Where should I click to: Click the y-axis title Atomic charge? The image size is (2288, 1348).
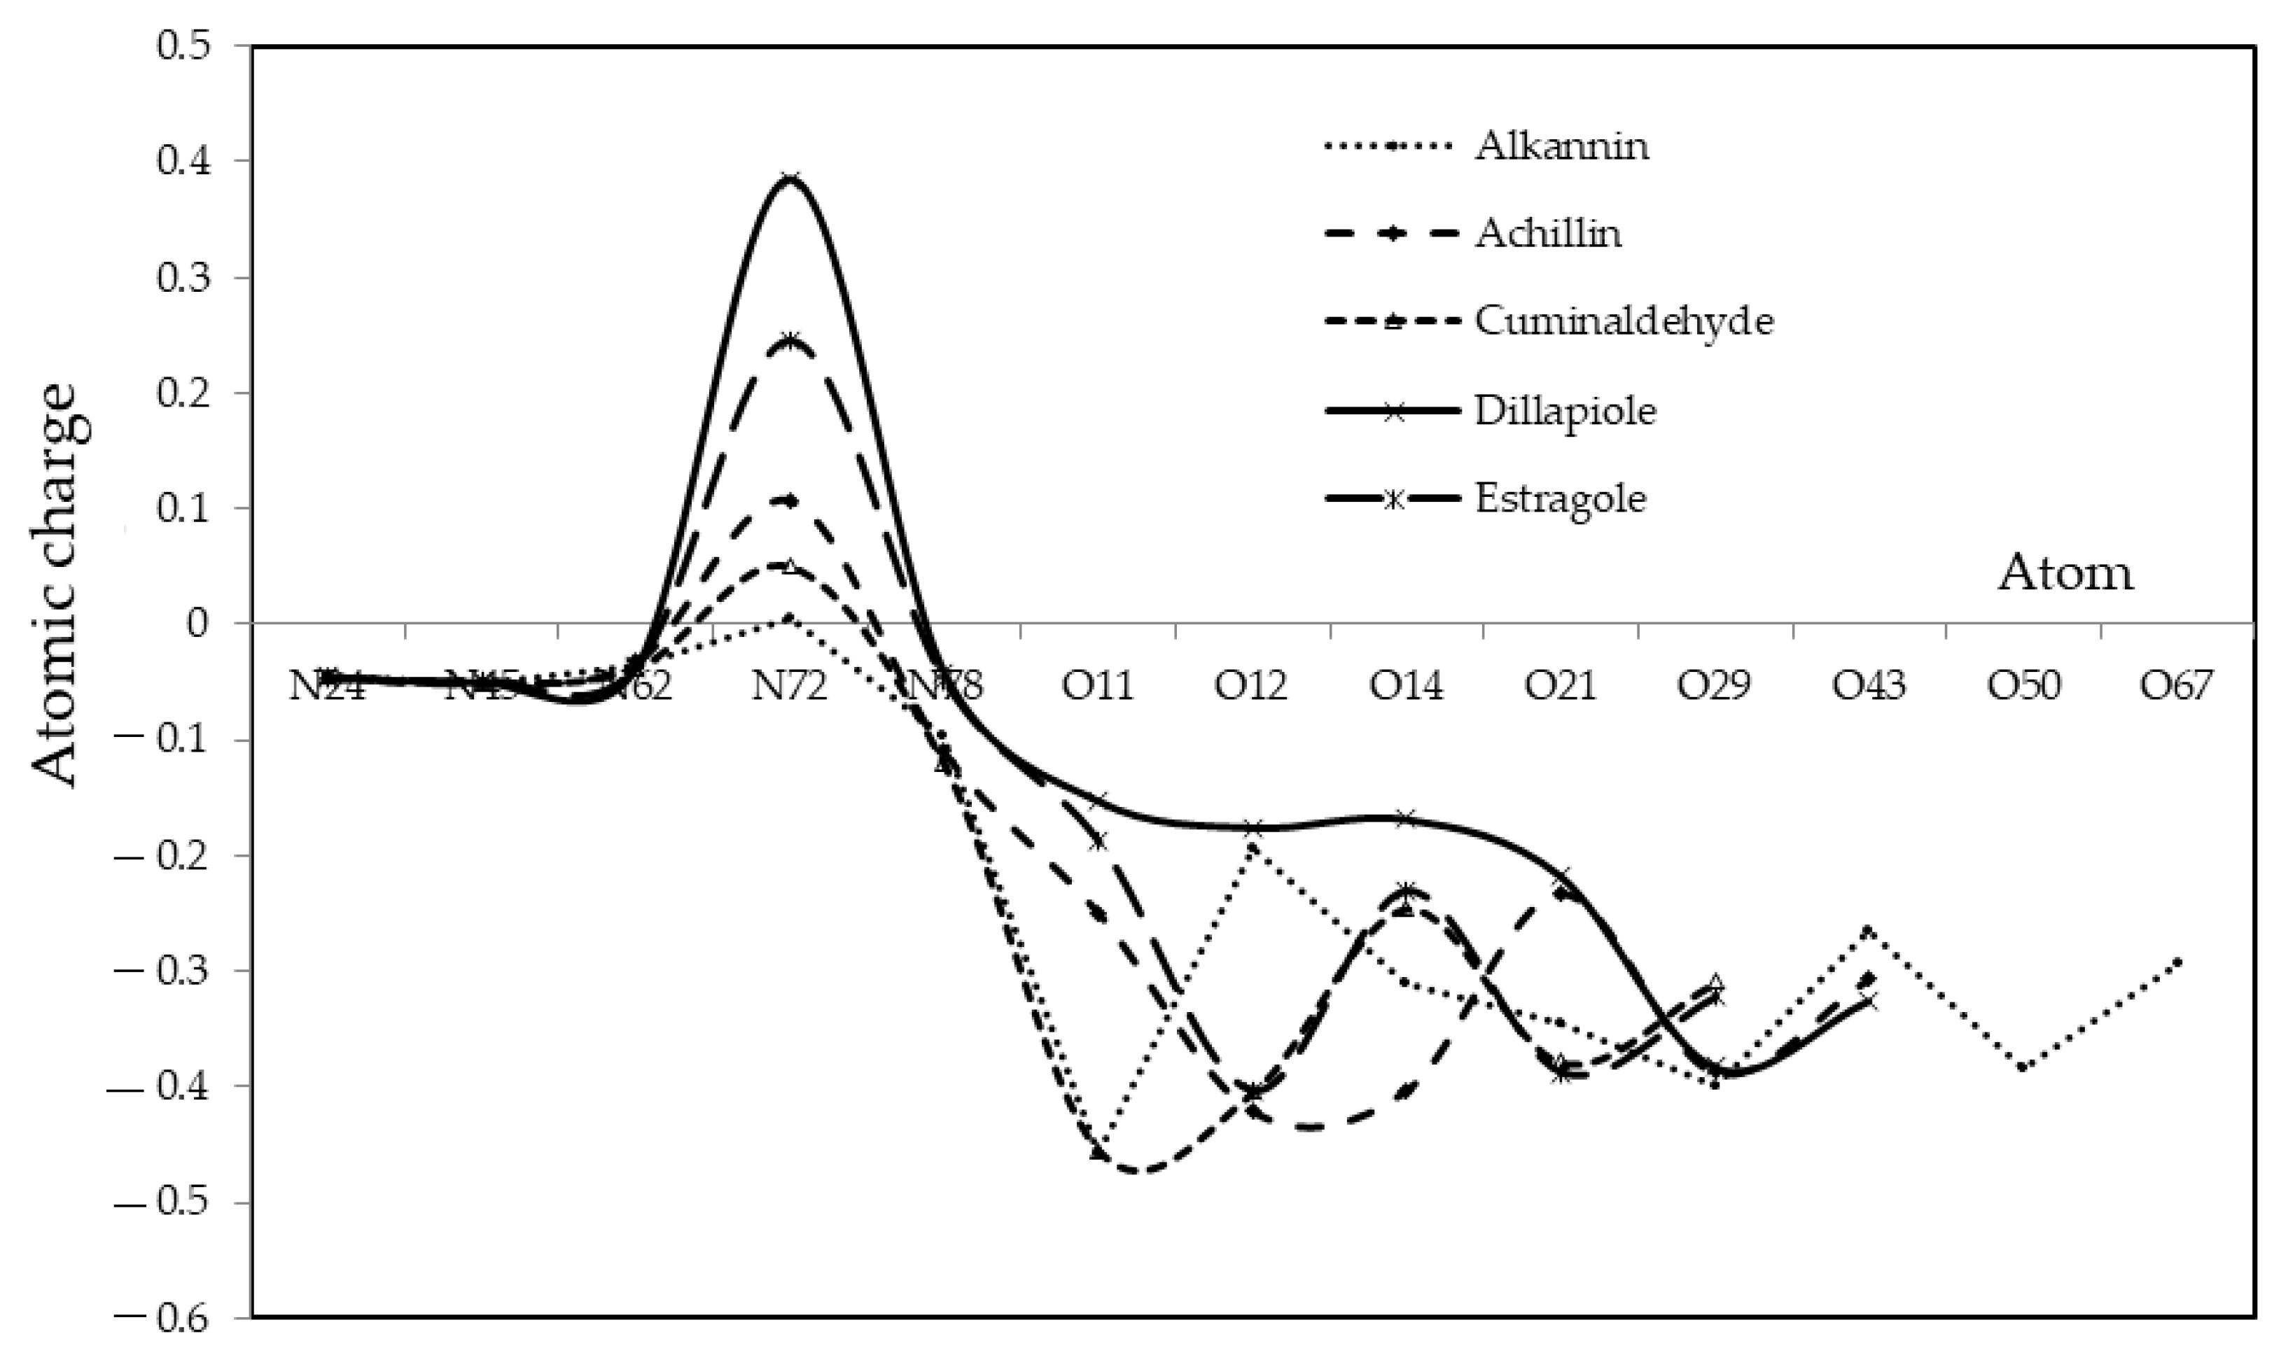point(62,585)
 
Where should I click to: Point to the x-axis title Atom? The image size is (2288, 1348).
point(2065,573)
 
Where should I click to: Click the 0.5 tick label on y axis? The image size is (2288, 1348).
point(192,45)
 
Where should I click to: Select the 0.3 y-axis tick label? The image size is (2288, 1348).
point(192,277)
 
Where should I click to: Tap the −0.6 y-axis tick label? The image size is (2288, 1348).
point(173,1317)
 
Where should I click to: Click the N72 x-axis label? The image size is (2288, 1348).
point(790,686)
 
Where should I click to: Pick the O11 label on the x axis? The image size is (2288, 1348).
point(1098,686)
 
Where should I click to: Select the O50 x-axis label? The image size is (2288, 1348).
point(2023,686)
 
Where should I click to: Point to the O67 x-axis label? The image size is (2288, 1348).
point(2177,686)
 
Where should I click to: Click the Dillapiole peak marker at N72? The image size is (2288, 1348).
point(790,178)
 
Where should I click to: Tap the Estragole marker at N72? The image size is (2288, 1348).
point(790,341)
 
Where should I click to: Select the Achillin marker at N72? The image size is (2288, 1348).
point(790,500)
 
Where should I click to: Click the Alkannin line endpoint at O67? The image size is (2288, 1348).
point(2177,962)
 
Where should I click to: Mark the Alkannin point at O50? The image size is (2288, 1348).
point(2023,1067)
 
